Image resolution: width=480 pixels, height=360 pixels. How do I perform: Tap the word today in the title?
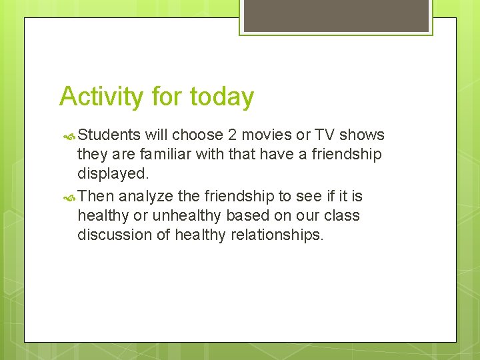[221, 97]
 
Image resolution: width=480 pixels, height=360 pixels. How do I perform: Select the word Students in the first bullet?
[109, 135]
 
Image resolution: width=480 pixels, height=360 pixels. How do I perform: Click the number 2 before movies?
[231, 135]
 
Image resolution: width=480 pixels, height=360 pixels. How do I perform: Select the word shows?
[362, 135]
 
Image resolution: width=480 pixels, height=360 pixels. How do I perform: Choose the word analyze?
[145, 197]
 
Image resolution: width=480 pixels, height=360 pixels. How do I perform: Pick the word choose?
[198, 135]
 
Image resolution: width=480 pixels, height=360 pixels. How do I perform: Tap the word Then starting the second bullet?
[96, 197]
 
